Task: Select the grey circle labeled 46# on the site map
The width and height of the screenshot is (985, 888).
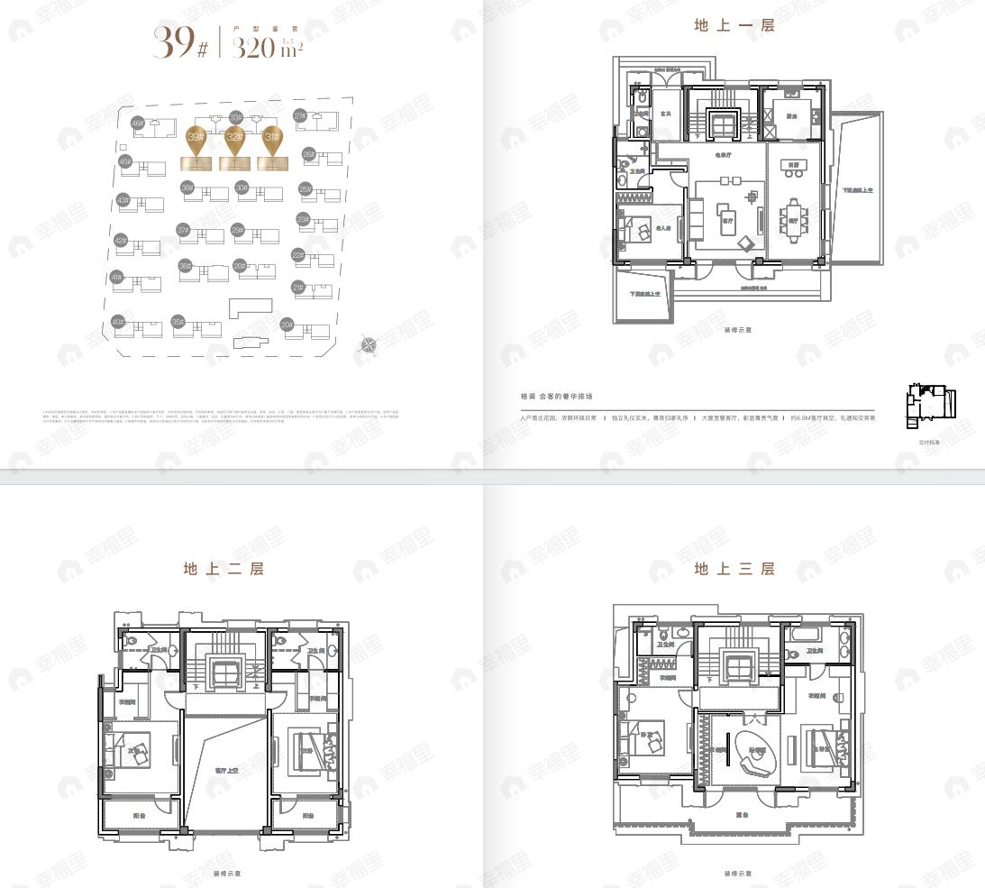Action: click(x=137, y=123)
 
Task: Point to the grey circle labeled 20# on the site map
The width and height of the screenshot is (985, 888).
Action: click(x=287, y=325)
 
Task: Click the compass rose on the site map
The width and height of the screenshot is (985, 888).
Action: click(x=368, y=343)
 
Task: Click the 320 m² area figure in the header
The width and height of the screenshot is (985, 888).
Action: click(x=266, y=46)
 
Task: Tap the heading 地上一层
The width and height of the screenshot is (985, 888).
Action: click(x=734, y=26)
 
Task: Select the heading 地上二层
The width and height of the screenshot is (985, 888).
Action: click(x=223, y=569)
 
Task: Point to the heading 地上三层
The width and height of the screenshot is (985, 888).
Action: click(x=734, y=569)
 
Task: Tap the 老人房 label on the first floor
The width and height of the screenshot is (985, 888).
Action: click(x=664, y=228)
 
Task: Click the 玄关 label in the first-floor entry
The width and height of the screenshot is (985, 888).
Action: click(x=665, y=114)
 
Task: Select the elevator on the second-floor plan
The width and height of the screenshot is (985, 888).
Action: click(x=223, y=671)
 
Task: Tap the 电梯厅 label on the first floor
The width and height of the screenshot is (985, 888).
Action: click(x=724, y=156)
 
